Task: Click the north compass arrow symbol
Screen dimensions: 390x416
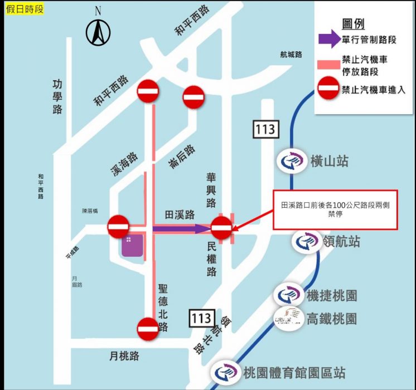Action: click(x=98, y=32)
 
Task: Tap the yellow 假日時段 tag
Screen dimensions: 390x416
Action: click(x=25, y=9)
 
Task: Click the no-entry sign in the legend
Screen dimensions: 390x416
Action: click(x=328, y=89)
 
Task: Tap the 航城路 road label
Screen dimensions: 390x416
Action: click(x=291, y=55)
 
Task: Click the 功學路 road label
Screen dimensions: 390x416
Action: click(x=57, y=96)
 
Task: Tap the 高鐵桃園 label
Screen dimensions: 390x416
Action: click(x=331, y=319)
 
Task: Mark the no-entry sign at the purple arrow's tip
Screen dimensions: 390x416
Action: click(x=221, y=227)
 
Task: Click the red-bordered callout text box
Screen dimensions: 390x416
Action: click(x=335, y=209)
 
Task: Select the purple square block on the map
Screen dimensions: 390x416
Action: click(x=133, y=245)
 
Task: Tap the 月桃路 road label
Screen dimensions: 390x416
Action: click(x=124, y=355)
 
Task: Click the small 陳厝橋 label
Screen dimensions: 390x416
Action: click(x=90, y=211)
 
